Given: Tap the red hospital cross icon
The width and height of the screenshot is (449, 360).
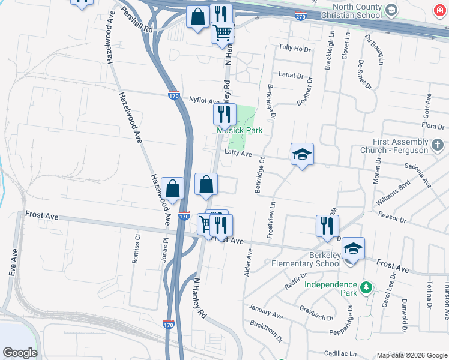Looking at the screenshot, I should pos(440,11).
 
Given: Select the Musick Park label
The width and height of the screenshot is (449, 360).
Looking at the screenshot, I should pos(240,131).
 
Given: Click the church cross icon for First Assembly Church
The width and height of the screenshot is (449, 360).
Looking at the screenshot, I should pos(438,145).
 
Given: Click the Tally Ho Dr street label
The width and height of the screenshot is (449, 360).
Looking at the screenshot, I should pos(295,48).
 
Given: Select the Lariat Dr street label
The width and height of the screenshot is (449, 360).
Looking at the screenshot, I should pos(292,75).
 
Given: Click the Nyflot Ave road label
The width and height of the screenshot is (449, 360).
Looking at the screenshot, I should pos(203,100).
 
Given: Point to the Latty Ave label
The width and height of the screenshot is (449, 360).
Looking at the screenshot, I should pos(238,154).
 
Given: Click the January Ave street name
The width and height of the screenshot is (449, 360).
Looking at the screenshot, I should pos(265,313).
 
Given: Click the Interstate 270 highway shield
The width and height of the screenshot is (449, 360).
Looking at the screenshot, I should pos(301,16).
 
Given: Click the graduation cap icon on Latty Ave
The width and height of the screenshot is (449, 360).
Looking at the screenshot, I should pos(303,155).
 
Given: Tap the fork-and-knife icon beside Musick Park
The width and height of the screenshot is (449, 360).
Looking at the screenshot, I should pos(224,114).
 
